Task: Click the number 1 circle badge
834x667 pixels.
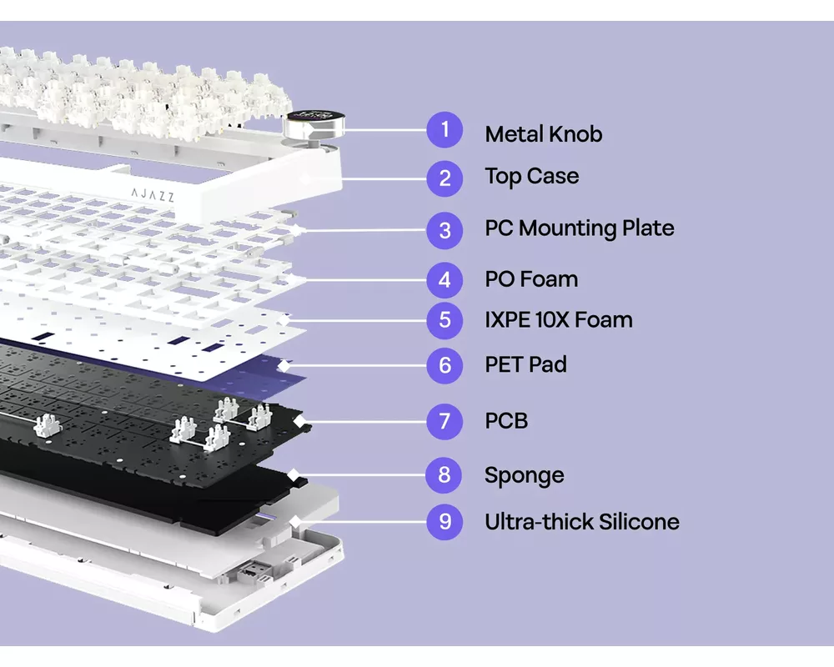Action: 445,130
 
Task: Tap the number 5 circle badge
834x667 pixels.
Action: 445,320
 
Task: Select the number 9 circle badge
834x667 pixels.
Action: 445,522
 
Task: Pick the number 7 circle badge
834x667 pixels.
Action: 445,421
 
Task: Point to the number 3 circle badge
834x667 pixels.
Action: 445,229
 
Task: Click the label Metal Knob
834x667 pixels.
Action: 543,134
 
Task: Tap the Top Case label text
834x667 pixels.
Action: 531,177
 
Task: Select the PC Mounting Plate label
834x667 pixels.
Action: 579,228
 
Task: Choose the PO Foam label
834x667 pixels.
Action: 531,279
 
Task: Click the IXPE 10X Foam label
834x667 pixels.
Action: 558,320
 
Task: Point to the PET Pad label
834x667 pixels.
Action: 525,364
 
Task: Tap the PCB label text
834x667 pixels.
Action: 506,421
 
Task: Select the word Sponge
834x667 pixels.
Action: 524,476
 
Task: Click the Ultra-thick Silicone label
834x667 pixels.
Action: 581,522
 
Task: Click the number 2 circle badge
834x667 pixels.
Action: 445,178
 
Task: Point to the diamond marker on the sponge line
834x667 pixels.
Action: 294,475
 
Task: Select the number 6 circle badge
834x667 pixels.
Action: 445,365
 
